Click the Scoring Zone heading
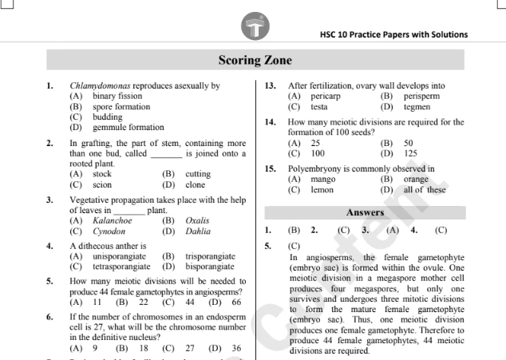[x=253, y=61]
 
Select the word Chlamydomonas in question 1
[x=100, y=86]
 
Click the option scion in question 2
[x=102, y=184]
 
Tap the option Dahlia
[x=198, y=231]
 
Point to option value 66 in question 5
[x=236, y=303]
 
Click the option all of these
[x=425, y=190]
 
